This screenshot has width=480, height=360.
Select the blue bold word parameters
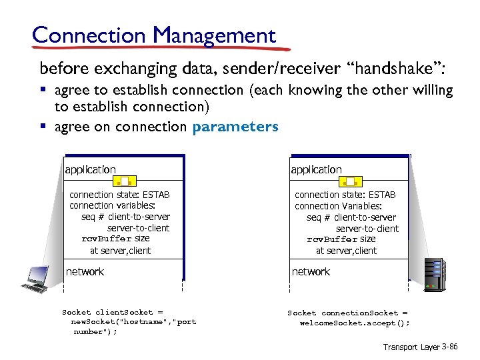tap(235, 127)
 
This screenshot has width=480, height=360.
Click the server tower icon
tap(435, 273)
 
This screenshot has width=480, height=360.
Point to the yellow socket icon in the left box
tap(125, 181)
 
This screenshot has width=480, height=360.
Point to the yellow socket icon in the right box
tap(351, 181)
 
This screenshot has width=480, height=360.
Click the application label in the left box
tap(91, 169)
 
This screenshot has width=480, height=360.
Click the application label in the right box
tap(316, 169)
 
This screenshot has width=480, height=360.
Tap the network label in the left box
tap(85, 271)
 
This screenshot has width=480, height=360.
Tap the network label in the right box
tap(311, 271)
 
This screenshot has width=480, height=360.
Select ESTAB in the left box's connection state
tap(156, 195)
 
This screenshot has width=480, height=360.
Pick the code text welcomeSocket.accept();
tap(355, 322)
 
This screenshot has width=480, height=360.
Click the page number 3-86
tap(449, 347)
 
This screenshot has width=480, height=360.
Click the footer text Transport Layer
tap(410, 347)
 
